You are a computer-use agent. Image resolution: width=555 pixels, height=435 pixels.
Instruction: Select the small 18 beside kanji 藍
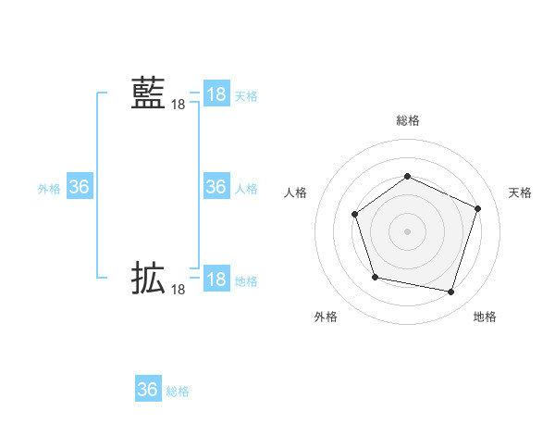[178, 106]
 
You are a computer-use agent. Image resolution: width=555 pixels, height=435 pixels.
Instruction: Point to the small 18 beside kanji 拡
[178, 291]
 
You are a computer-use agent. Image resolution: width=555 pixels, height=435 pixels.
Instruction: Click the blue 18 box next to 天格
[216, 94]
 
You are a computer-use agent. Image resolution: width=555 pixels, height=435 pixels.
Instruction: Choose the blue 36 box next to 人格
[216, 187]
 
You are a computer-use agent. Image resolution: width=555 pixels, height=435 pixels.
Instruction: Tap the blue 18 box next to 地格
[216, 280]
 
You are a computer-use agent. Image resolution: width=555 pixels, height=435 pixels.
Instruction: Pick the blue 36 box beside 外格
[80, 187]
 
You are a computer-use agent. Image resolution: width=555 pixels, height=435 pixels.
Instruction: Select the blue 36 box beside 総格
[148, 390]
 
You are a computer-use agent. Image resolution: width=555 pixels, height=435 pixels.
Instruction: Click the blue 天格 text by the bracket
[246, 96]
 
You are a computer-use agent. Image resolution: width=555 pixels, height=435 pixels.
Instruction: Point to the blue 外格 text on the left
[49, 189]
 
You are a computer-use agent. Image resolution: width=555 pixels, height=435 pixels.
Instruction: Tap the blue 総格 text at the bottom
[178, 391]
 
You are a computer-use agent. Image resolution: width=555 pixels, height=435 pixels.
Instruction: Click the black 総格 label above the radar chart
[407, 120]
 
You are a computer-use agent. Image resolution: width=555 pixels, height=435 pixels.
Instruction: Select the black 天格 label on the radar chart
[521, 193]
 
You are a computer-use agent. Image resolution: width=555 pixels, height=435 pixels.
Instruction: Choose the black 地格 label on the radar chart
[485, 317]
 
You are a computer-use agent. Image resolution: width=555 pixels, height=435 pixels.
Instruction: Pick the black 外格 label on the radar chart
[326, 317]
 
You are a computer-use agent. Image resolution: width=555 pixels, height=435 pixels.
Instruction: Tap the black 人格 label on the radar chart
[295, 193]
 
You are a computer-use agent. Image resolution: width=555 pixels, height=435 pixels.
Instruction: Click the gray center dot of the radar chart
[407, 230]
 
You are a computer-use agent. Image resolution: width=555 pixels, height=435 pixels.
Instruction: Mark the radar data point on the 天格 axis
[477, 208]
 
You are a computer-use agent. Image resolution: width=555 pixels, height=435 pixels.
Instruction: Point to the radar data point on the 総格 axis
[407, 176]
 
